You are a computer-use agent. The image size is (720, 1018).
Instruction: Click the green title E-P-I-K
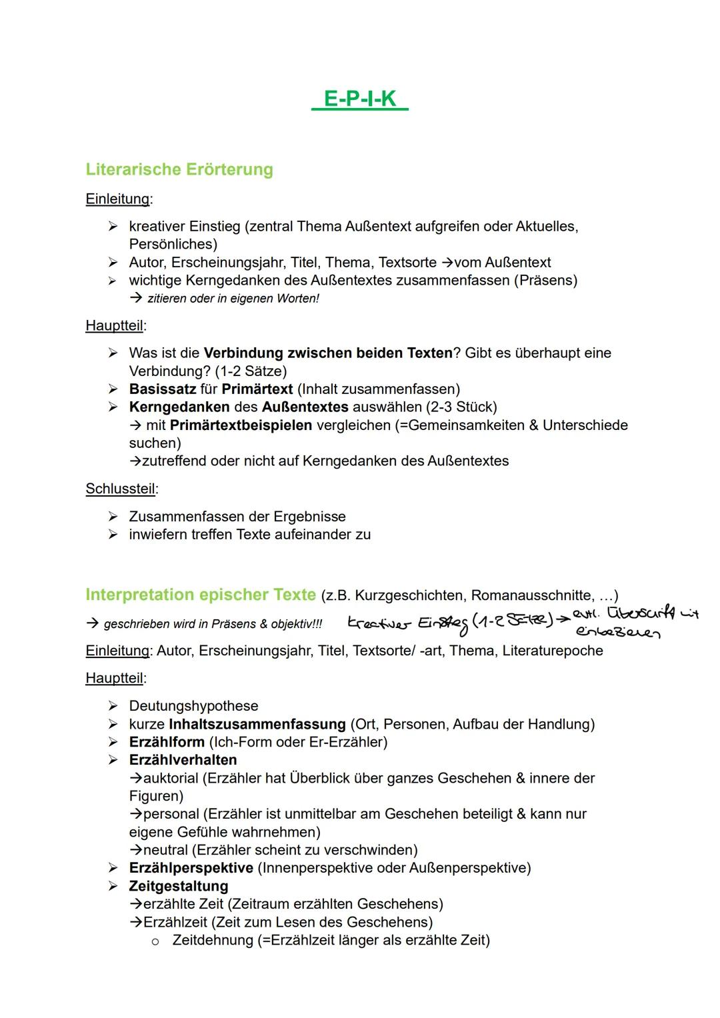click(x=359, y=99)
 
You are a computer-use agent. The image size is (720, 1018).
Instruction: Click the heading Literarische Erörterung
click(x=179, y=169)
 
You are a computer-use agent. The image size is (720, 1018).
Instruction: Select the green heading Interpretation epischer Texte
click(x=200, y=595)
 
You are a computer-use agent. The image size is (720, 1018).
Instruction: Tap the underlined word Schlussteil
click(x=120, y=489)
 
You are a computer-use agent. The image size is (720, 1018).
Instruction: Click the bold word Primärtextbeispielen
click(x=241, y=425)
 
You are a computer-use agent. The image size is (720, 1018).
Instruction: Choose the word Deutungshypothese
click(x=193, y=705)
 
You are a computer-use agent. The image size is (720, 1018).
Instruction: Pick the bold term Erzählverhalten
click(x=183, y=760)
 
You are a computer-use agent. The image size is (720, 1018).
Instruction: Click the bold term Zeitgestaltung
click(x=178, y=886)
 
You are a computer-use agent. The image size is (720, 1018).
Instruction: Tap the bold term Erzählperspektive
click(x=191, y=868)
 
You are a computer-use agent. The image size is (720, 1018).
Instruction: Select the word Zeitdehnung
click(x=212, y=940)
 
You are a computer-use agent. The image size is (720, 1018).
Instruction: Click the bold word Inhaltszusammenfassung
click(x=257, y=724)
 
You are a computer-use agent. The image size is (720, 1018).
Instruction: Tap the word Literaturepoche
click(x=553, y=651)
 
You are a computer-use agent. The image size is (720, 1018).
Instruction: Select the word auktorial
click(x=171, y=778)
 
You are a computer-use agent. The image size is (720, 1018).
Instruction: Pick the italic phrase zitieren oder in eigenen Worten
click(x=233, y=299)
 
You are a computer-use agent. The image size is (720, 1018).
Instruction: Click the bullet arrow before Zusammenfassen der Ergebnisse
click(x=113, y=517)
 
